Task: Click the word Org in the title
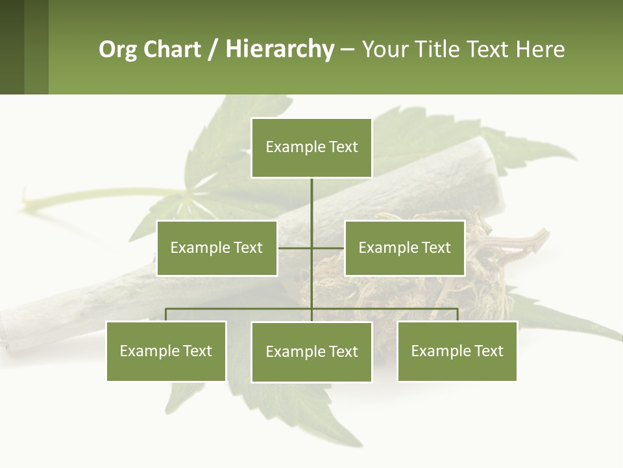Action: [x=118, y=49]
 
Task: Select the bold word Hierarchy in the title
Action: [x=279, y=49]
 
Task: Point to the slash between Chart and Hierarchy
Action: [x=212, y=49]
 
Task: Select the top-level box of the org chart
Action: [x=311, y=148]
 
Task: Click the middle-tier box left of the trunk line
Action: [x=217, y=248]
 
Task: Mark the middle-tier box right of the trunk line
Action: [x=405, y=248]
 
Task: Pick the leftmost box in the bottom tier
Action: [x=166, y=351]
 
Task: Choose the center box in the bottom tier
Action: [x=311, y=352]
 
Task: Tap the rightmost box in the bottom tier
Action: [x=458, y=351]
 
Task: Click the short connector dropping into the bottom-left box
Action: [x=166, y=315]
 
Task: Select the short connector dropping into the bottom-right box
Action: [x=458, y=315]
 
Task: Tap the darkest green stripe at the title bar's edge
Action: [x=12, y=47]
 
